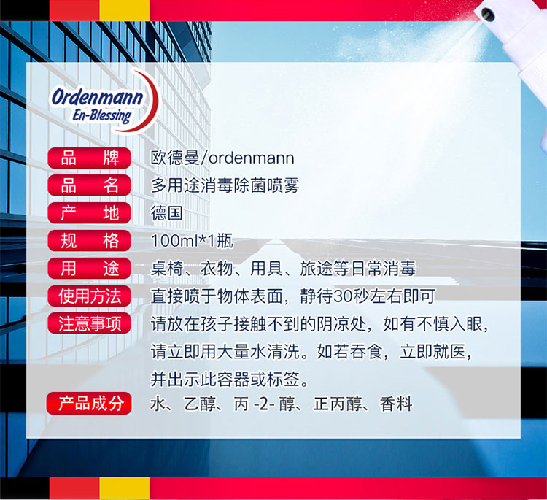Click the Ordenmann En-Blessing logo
click(104, 101)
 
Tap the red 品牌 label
click(89, 158)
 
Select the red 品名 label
click(89, 185)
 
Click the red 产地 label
click(89, 213)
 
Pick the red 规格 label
click(89, 241)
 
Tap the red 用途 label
click(89, 268)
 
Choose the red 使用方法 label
click(89, 296)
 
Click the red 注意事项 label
click(89, 323)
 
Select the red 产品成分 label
click(89, 404)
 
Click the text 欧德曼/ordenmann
click(222, 158)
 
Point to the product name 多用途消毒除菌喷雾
click(225, 185)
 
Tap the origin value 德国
click(167, 213)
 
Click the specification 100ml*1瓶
click(192, 241)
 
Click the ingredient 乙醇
click(200, 404)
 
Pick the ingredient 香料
click(396, 404)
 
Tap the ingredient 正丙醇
click(338, 404)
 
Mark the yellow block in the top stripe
click(125, 10)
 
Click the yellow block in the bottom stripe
click(125, 488)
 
